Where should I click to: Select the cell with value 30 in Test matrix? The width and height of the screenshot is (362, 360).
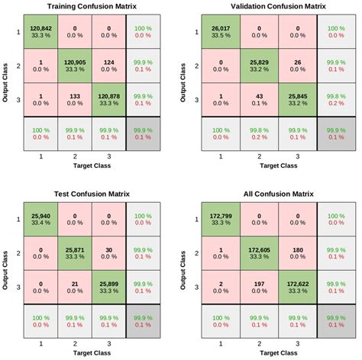point(108,254)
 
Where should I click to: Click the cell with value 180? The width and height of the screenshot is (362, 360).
point(293,254)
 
